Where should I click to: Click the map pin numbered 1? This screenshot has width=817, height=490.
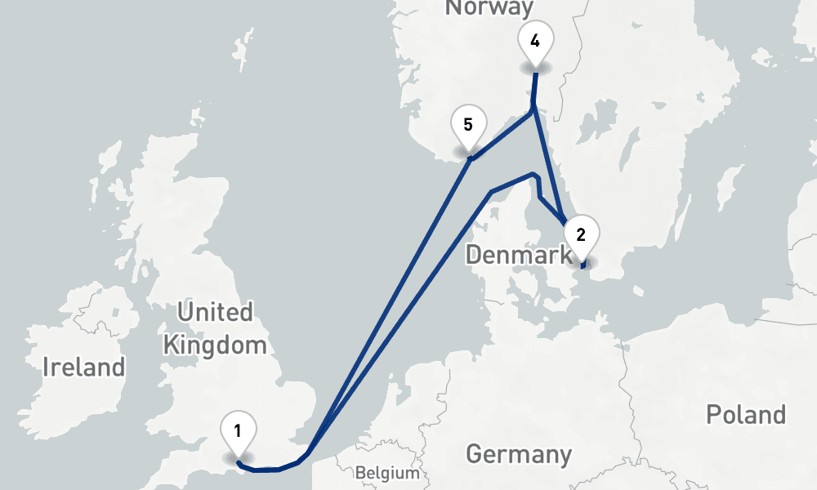[238, 433]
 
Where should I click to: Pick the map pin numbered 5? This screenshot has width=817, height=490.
[468, 127]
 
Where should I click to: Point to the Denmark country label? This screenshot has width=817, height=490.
[519, 256]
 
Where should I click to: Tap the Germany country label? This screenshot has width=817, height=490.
[519, 454]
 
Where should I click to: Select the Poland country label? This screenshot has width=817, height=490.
[746, 414]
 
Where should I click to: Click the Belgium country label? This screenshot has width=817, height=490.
[387, 473]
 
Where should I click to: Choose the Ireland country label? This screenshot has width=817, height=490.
[85, 367]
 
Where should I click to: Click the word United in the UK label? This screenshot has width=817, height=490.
[215, 312]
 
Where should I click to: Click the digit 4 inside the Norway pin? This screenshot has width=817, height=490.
[535, 41]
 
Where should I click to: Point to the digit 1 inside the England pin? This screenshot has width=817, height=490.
[238, 430]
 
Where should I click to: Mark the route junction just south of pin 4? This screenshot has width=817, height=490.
[533, 108]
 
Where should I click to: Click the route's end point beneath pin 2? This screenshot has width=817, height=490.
[582, 266]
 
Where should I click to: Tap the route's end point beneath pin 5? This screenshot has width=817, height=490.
[470, 159]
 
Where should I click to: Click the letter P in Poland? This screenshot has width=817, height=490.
[712, 414]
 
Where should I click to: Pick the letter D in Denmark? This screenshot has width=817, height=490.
[474, 256]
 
